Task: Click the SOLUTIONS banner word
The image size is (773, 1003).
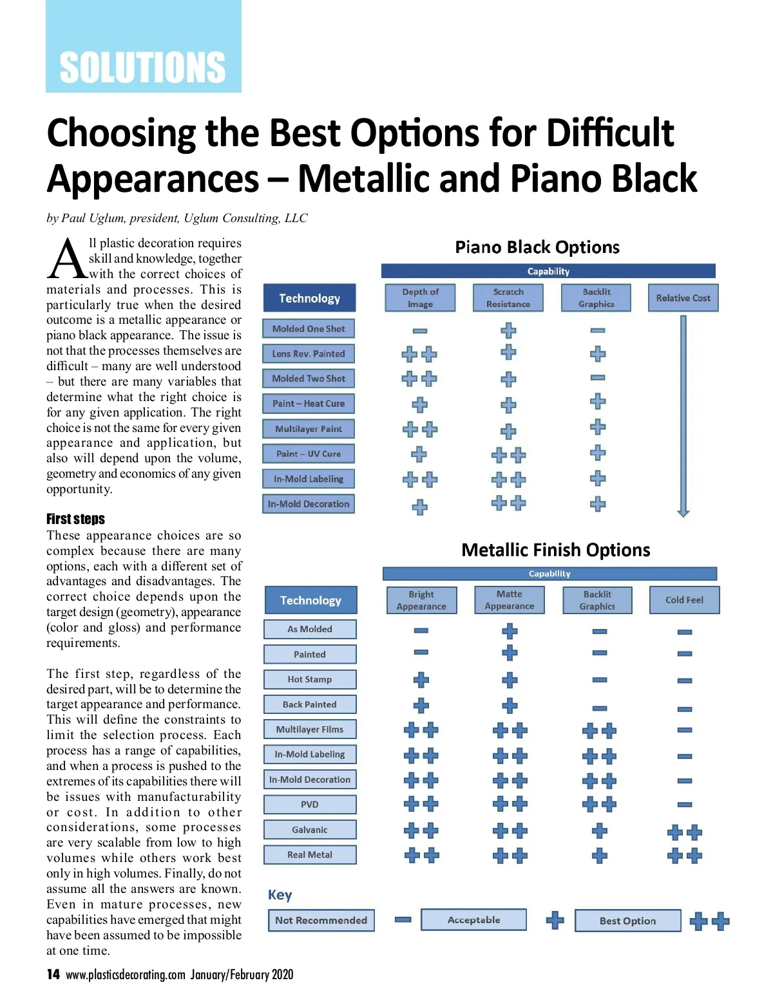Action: [x=142, y=68]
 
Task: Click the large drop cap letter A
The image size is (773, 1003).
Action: [x=66, y=259]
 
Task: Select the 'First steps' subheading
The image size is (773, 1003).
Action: [x=75, y=519]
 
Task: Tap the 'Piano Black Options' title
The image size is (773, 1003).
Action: [x=537, y=247]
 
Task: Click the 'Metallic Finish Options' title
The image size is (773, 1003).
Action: [x=555, y=550]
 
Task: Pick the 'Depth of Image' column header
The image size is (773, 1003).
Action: [x=420, y=298]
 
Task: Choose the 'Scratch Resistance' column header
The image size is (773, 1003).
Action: [x=508, y=298]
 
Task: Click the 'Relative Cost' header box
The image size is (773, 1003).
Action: [x=683, y=298]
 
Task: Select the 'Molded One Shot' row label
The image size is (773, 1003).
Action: [x=309, y=329]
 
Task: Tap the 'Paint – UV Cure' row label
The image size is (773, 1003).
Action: [x=309, y=454]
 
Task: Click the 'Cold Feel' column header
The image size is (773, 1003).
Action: [x=684, y=600]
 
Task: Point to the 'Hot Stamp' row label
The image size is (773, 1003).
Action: [x=310, y=679]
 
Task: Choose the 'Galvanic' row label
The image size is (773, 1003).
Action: [x=310, y=830]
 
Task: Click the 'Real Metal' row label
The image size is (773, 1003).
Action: [x=310, y=855]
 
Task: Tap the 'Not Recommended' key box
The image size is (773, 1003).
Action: [x=321, y=921]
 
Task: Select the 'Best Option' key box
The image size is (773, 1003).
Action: [x=627, y=921]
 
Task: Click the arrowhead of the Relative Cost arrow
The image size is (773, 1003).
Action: [x=683, y=512]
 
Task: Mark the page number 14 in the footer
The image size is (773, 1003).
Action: [x=53, y=975]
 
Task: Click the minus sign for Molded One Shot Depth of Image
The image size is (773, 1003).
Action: [x=420, y=331]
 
